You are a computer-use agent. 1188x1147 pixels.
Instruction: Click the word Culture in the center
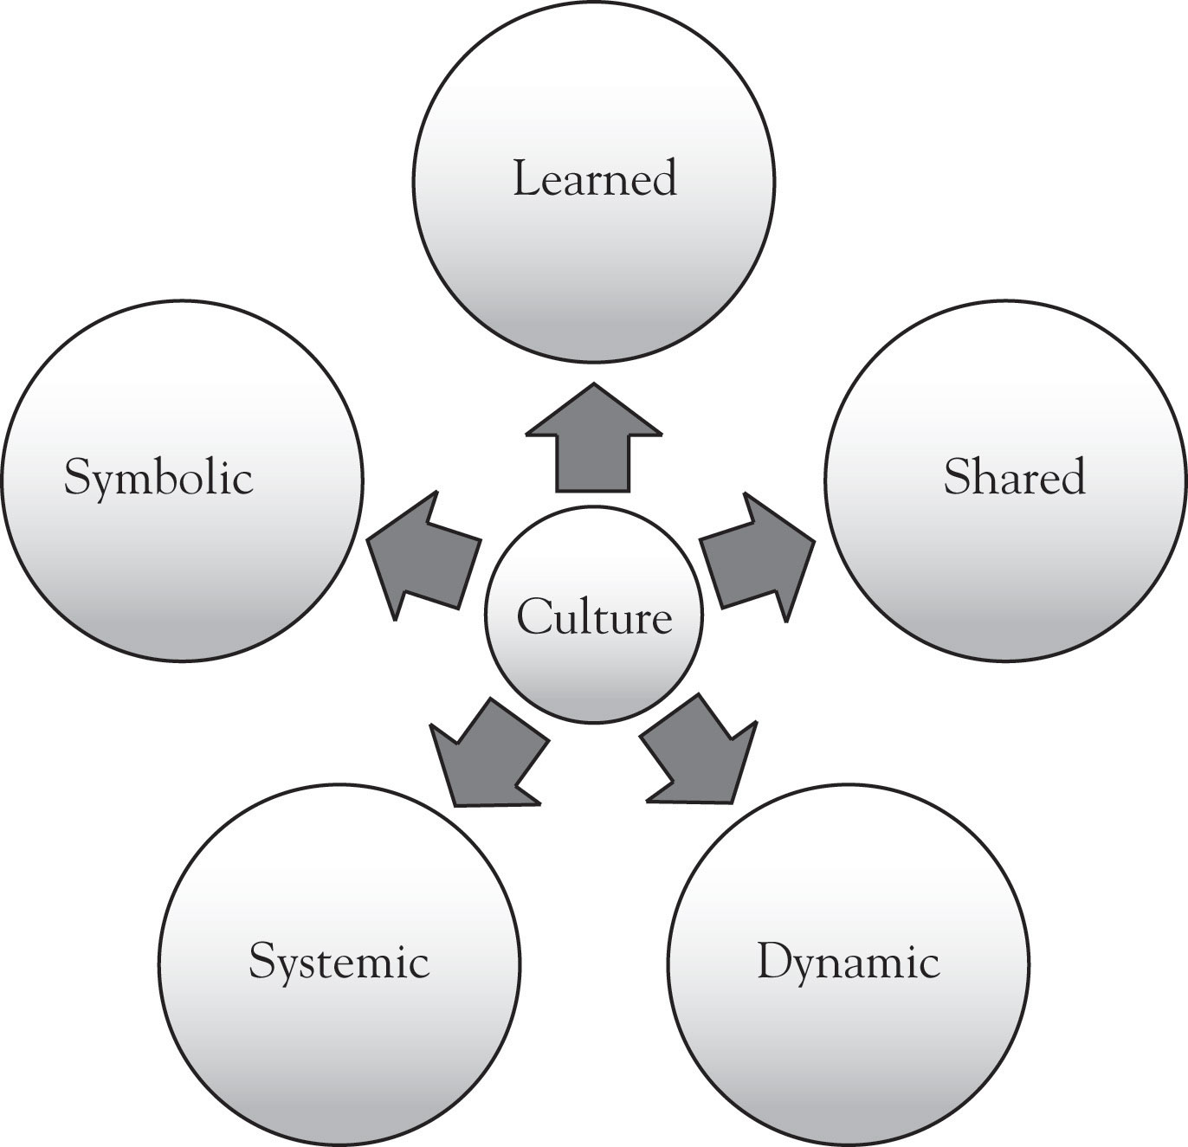click(594, 618)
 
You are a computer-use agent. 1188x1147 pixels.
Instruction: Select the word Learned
click(594, 179)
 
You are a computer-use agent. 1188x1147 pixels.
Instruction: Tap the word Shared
click(1014, 477)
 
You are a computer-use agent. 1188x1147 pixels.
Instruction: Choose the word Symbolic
click(158, 479)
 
